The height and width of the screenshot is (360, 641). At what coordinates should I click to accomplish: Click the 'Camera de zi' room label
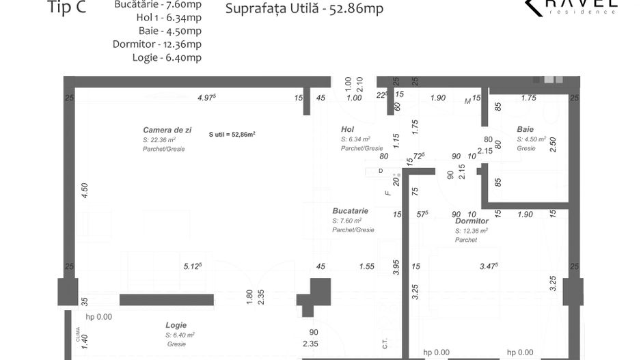pyautogui.click(x=167, y=129)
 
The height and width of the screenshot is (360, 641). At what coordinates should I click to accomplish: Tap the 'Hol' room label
pyautogui.click(x=348, y=129)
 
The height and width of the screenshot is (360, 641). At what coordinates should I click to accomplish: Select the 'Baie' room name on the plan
pyautogui.click(x=525, y=129)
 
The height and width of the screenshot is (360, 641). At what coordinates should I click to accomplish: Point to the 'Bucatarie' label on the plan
pyautogui.click(x=351, y=211)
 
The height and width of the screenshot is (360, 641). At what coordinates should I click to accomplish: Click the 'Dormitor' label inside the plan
pyautogui.click(x=472, y=221)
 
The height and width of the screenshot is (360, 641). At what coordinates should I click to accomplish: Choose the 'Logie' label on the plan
pyautogui.click(x=176, y=325)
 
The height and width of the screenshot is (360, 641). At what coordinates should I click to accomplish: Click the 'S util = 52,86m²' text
pyautogui.click(x=232, y=135)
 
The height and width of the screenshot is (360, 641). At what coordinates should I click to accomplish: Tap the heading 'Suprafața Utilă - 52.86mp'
pyautogui.click(x=303, y=9)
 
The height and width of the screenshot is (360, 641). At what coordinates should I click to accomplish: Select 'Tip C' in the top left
pyautogui.click(x=67, y=8)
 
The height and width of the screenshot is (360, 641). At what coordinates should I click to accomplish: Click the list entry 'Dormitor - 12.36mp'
pyautogui.click(x=157, y=44)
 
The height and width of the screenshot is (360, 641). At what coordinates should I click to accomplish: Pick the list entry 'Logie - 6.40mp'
pyautogui.click(x=167, y=57)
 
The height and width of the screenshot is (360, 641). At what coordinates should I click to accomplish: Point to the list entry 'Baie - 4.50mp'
pyautogui.click(x=169, y=31)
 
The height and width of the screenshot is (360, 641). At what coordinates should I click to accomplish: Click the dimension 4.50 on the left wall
pyautogui.click(x=84, y=191)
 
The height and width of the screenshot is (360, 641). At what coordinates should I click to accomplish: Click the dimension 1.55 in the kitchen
pyautogui.click(x=367, y=266)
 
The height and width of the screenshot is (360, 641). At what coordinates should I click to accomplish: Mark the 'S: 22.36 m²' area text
pyautogui.click(x=159, y=139)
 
